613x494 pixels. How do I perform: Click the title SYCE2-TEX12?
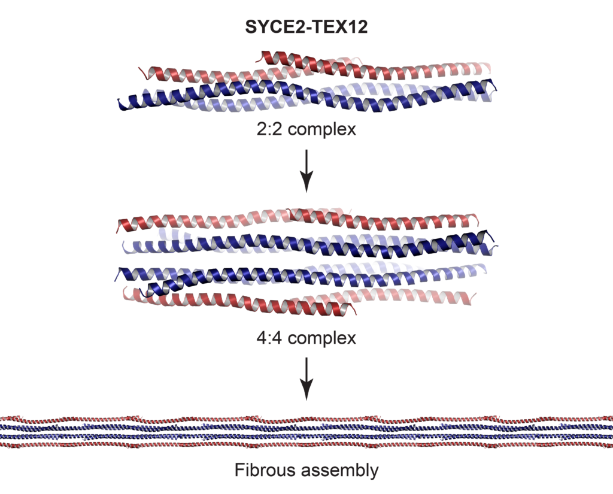pyautogui.click(x=306, y=27)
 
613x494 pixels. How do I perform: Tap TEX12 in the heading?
pyautogui.click(x=339, y=27)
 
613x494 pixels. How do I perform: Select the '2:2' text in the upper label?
pyautogui.click(x=269, y=129)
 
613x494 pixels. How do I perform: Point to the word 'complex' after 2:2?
pyautogui.click(x=322, y=130)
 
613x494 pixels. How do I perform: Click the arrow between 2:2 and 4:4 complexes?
pyautogui.click(x=306, y=171)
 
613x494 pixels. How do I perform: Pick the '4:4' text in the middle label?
pyautogui.click(x=269, y=338)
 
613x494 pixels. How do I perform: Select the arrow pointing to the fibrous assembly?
pyautogui.click(x=306, y=378)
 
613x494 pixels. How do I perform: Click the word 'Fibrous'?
pyautogui.click(x=265, y=470)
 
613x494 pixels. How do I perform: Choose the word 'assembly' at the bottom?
pyautogui.click(x=340, y=471)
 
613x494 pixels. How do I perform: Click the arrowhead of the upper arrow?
pyautogui.click(x=306, y=184)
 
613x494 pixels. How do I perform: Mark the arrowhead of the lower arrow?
pyautogui.click(x=306, y=392)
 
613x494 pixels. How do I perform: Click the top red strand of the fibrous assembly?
pyautogui.click(x=306, y=419)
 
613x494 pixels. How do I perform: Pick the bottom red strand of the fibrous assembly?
pyautogui.click(x=306, y=445)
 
